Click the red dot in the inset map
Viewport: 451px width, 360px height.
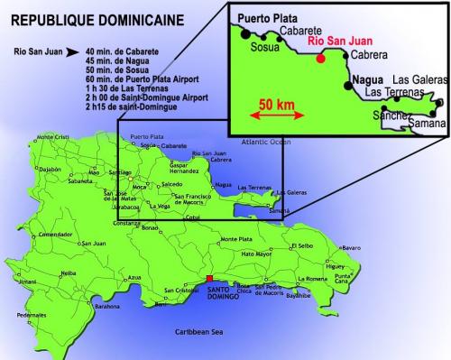pos(319,59)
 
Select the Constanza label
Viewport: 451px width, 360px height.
pos(125,222)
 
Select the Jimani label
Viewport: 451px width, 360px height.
pos(27,282)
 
